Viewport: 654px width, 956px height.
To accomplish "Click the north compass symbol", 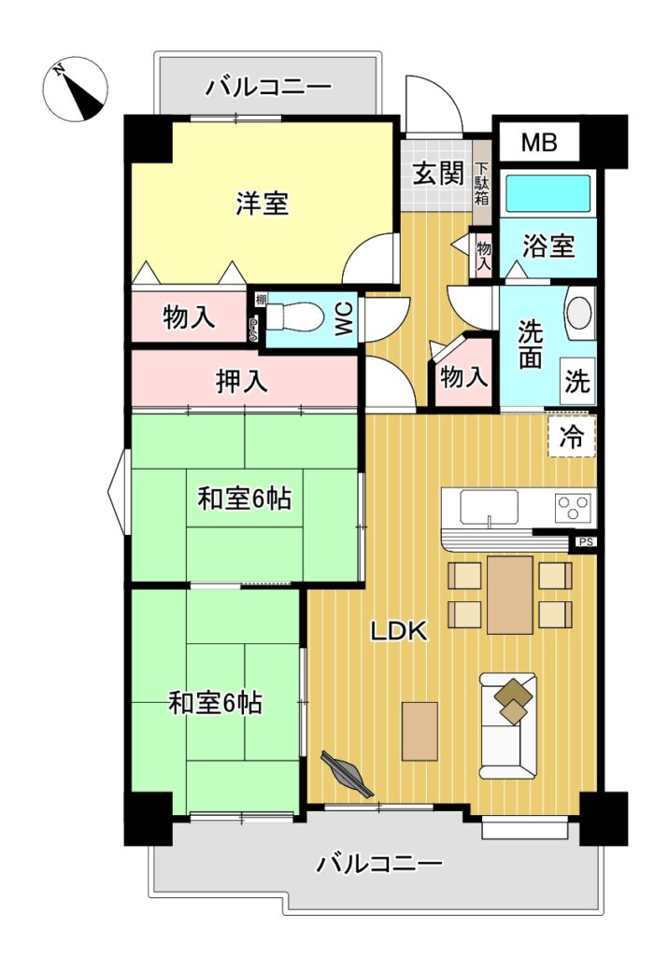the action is coord(77,89).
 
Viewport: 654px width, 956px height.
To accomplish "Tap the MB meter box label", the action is coord(539,142).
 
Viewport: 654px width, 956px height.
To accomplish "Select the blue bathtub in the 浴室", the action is coord(548,194).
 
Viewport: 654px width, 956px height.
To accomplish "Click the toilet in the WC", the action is coord(295,317).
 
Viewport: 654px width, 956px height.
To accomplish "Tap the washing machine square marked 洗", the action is coord(577,382).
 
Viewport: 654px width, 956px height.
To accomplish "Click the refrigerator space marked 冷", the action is coord(572,436).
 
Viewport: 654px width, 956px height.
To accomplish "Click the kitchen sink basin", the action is coord(489,507).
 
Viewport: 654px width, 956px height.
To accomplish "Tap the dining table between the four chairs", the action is coord(510,595).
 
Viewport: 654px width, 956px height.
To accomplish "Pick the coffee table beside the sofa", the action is coord(419,731).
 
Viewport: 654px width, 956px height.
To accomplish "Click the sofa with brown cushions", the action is coord(508,725).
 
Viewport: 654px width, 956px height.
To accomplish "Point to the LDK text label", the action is coord(400,632).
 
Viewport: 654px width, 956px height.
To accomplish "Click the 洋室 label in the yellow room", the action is coord(263,203).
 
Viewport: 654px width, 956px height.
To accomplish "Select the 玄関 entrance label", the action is coord(438,175).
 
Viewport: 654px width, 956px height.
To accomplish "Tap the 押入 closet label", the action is coord(242,382).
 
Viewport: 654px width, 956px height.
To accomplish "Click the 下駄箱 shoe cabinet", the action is coord(482,182).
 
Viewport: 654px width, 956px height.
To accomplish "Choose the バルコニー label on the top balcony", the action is coord(268,87).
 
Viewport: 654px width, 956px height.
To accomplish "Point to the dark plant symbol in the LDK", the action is coord(348,774).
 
